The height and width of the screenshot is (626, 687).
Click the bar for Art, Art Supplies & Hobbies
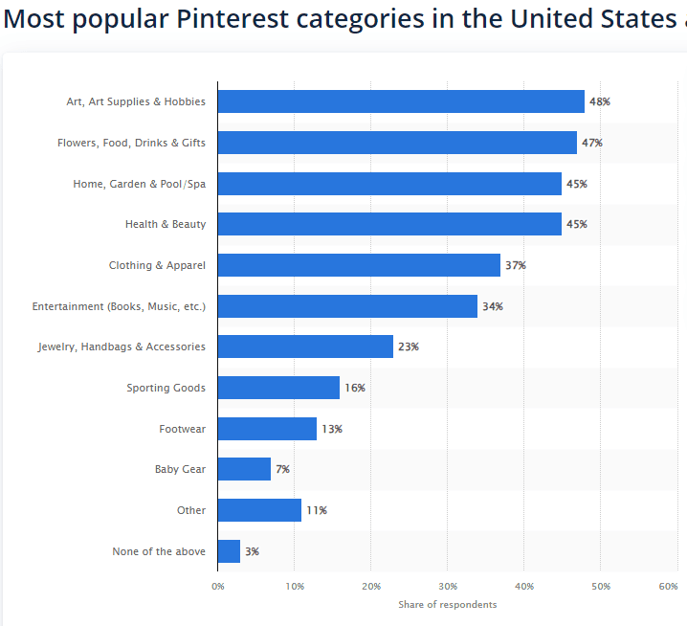401,101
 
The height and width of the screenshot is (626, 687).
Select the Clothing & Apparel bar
359,265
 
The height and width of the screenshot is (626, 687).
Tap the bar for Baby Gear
244,469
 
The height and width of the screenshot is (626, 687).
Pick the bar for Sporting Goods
278,388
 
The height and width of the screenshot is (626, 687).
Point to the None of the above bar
229,551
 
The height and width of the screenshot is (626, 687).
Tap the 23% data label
409,347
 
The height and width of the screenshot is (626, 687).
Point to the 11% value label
317,510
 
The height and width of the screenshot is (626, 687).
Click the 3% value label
252,551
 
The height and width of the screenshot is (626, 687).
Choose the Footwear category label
182,429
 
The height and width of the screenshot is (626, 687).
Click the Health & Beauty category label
165,224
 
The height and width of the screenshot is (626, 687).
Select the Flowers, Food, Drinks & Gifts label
131,143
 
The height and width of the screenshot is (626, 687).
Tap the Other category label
190,510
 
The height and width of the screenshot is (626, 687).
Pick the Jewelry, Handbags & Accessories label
122,347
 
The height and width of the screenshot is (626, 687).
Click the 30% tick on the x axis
448,585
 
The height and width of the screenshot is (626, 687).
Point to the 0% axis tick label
217,585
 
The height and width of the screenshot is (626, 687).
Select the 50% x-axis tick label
601,585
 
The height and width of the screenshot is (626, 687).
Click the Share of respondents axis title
448,604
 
